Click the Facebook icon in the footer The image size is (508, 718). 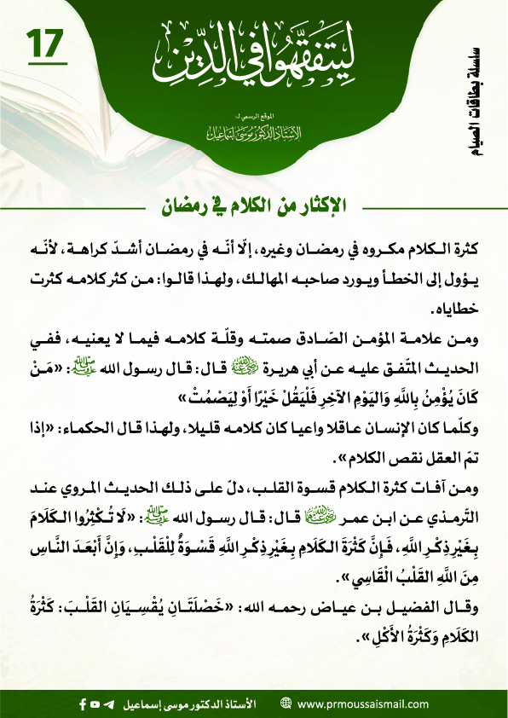(83, 704)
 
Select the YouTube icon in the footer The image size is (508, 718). (96, 704)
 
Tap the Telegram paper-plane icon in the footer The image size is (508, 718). (111, 704)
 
